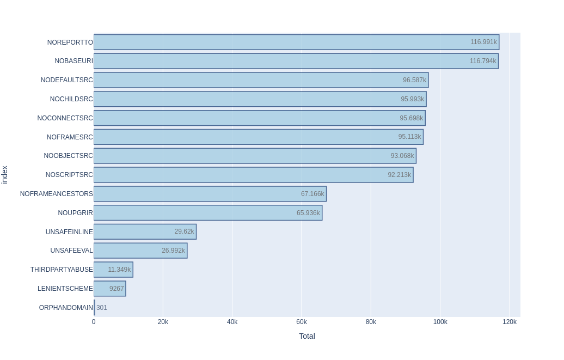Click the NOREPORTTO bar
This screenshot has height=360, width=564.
tap(296, 42)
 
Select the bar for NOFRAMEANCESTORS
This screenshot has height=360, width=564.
tap(210, 194)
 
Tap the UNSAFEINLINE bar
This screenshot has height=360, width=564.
tap(145, 231)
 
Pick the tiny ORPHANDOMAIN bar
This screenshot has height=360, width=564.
tap(94, 308)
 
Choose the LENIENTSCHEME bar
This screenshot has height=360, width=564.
tap(109, 289)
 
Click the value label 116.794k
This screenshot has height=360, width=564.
tap(483, 61)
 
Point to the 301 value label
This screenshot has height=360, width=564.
tap(102, 308)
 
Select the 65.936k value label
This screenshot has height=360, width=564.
tap(308, 213)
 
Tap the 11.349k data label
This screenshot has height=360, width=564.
tap(119, 270)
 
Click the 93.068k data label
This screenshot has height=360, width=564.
tap(402, 156)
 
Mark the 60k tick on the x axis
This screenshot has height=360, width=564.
tap(302, 322)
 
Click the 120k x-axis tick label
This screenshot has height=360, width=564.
tap(510, 322)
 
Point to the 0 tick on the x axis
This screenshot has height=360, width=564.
tap(94, 322)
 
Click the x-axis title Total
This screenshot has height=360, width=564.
tap(307, 336)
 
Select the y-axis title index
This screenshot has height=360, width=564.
tap(5, 175)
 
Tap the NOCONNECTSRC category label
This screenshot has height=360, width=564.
tap(65, 118)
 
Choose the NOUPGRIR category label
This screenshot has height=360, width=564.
tap(76, 213)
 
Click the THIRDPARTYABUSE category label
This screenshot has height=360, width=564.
tap(62, 270)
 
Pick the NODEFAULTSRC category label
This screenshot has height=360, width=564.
tap(67, 80)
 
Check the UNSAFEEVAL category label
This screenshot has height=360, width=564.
tap(72, 251)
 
